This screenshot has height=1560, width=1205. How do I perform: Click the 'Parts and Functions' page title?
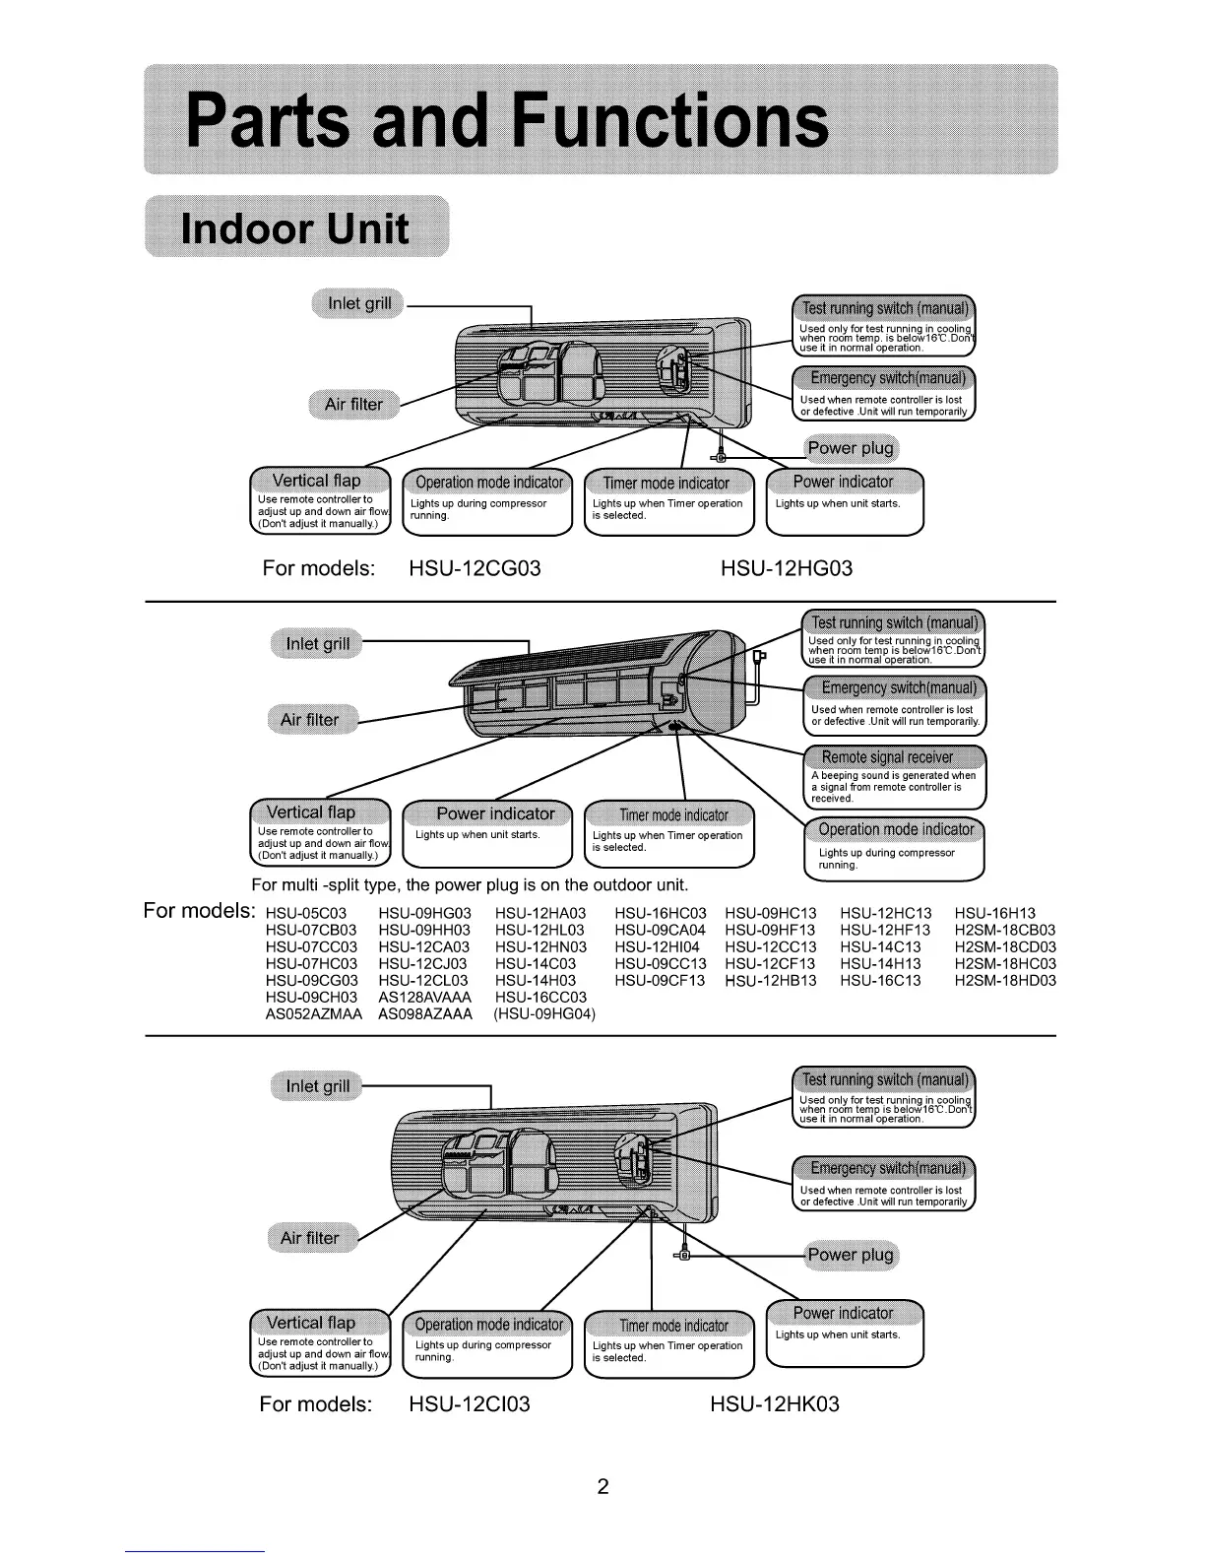click(506, 120)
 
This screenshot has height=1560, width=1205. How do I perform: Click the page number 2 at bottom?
click(602, 1486)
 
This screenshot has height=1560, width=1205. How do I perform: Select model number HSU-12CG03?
click(474, 568)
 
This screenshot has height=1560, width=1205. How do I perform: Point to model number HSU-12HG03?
click(786, 568)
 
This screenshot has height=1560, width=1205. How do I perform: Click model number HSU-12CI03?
click(469, 1403)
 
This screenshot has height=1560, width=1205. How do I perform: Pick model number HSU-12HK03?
click(775, 1403)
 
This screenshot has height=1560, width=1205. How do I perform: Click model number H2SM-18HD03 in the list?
click(1005, 980)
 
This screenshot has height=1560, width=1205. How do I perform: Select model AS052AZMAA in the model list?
click(314, 1013)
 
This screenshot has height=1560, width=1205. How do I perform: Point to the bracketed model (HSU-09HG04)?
click(543, 1013)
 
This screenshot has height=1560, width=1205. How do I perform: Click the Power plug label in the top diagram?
click(851, 449)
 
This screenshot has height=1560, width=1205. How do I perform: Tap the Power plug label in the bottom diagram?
click(851, 1254)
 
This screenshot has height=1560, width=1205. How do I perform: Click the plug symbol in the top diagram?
click(721, 456)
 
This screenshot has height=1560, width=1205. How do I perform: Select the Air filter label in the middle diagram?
click(309, 719)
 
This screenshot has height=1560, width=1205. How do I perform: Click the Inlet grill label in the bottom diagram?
click(317, 1086)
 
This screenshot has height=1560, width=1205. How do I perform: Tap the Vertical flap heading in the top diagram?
click(316, 481)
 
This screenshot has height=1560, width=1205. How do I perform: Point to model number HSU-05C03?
click(305, 913)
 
